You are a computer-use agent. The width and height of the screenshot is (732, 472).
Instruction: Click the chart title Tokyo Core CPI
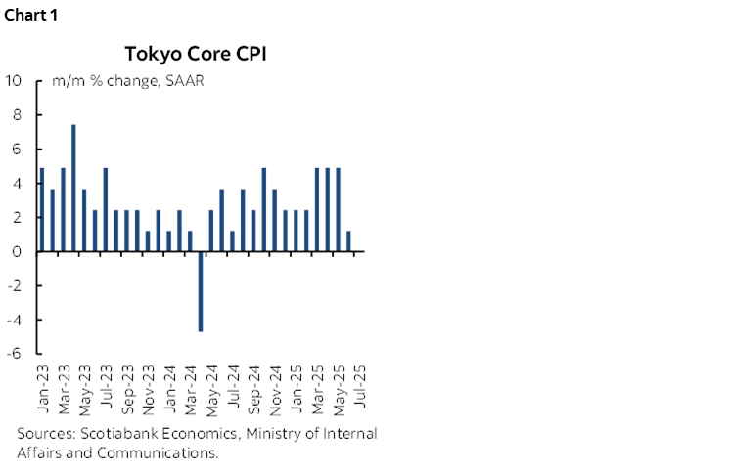click(196, 53)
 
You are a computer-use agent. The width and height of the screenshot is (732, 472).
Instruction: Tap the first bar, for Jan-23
click(41, 209)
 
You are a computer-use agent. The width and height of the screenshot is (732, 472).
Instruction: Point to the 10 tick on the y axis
click(15, 81)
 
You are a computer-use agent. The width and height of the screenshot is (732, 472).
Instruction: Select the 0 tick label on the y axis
click(19, 251)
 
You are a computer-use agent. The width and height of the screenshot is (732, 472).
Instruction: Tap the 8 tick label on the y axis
click(19, 115)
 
